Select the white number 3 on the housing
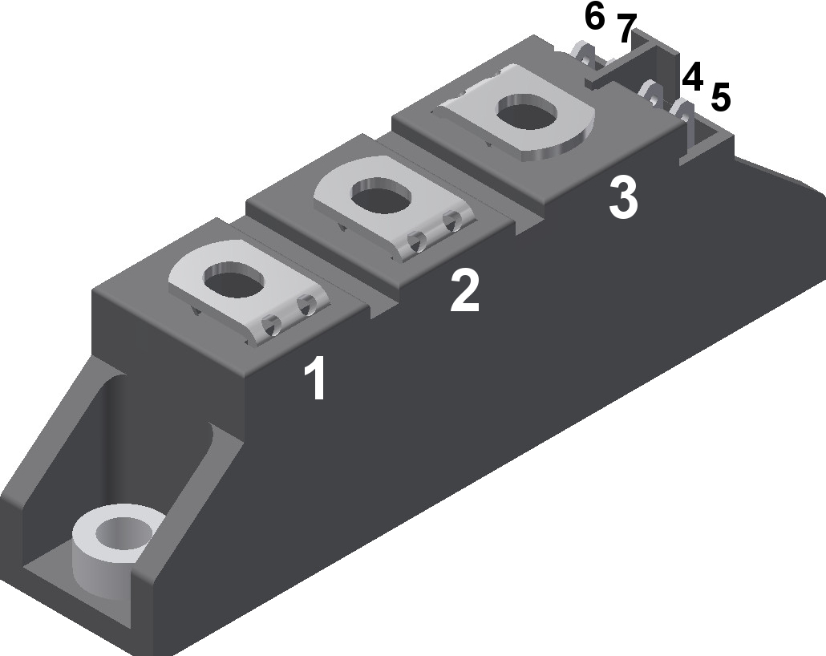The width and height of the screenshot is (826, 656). tap(623, 198)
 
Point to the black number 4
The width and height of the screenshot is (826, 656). tap(692, 78)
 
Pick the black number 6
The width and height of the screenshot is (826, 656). tap(594, 16)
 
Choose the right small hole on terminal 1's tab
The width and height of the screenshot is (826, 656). tap(306, 306)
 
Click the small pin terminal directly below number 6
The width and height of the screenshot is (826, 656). tap(586, 60)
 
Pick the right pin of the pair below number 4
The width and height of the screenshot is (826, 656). tap(682, 111)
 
